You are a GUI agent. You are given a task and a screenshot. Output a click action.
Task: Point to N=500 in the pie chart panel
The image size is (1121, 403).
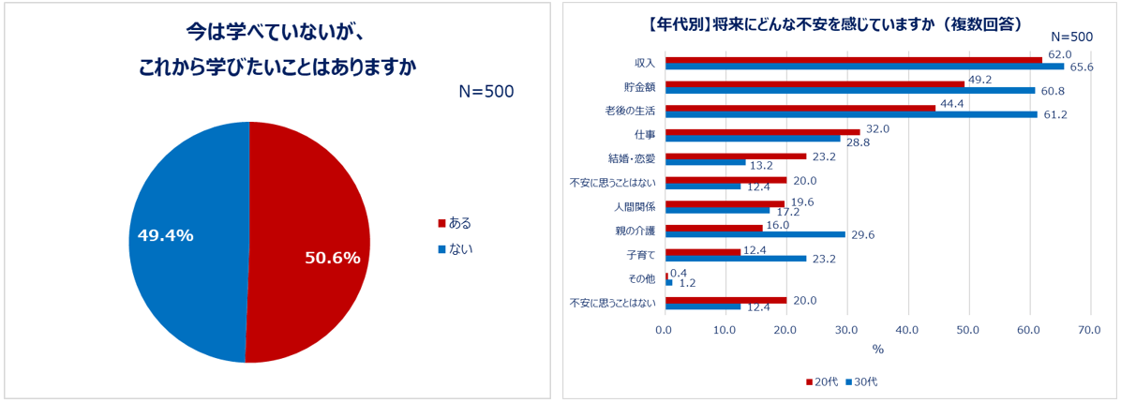(486, 92)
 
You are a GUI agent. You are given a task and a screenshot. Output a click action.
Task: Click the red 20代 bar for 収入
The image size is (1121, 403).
(853, 60)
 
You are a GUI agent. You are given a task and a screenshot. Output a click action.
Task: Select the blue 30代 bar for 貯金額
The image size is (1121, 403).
(849, 91)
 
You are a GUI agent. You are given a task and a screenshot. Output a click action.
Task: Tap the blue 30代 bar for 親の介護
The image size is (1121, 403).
(755, 234)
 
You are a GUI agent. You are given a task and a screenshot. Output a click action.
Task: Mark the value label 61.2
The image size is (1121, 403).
(1055, 115)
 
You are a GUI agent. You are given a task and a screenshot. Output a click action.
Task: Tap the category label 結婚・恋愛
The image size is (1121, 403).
(632, 158)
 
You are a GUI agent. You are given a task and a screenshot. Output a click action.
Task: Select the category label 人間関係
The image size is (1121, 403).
(635, 206)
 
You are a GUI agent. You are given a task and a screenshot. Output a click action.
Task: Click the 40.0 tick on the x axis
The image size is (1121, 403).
(906, 330)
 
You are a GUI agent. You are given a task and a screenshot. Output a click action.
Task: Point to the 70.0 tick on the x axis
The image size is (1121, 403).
(1089, 330)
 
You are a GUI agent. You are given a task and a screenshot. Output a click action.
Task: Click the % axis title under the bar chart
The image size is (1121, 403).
(877, 350)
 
